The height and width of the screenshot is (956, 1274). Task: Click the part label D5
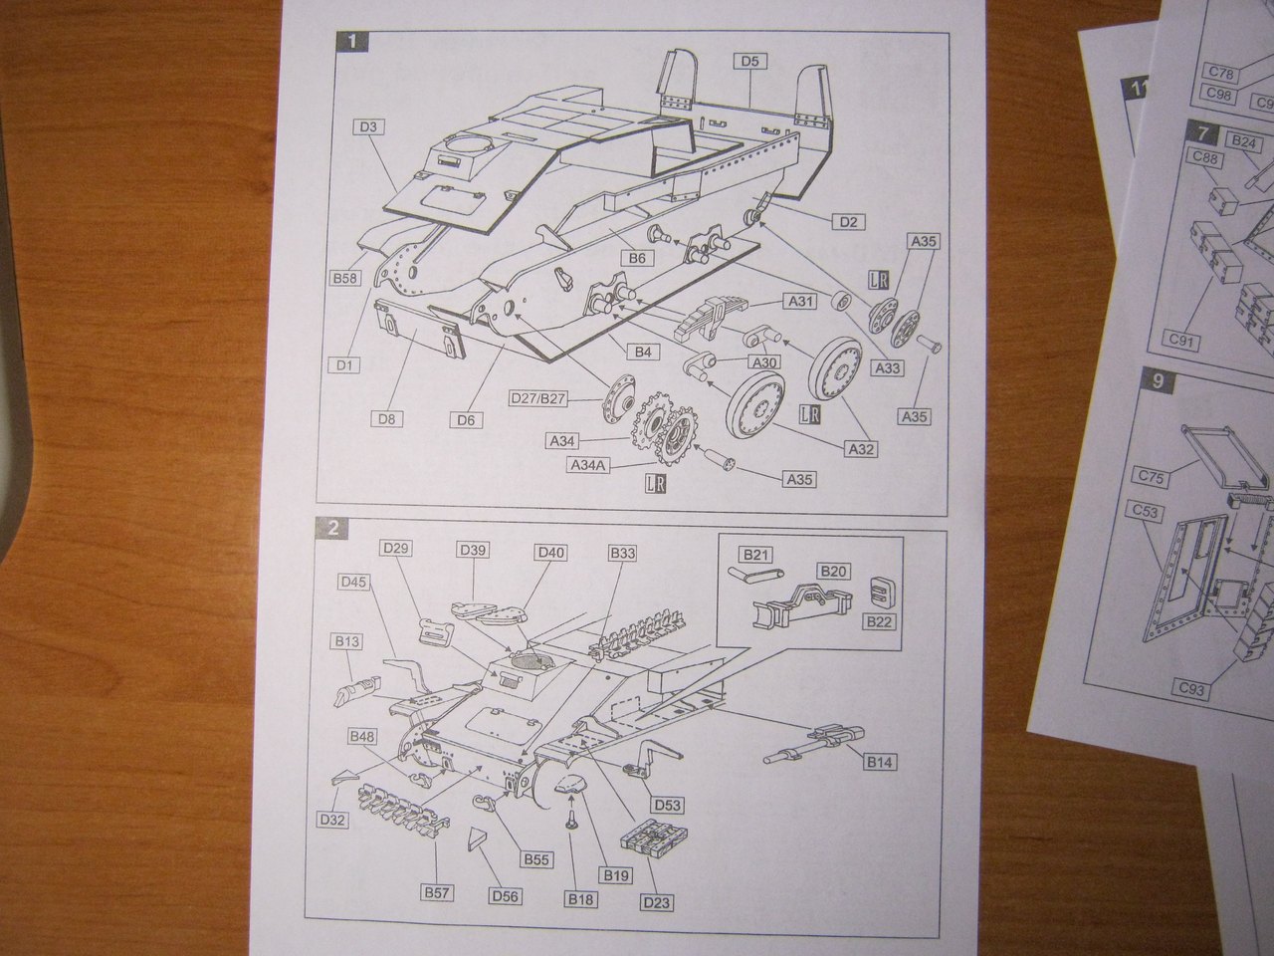pyautogui.click(x=749, y=61)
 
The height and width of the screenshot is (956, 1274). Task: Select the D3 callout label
pyautogui.click(x=368, y=127)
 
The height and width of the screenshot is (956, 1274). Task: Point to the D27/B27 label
pyautogui.click(x=537, y=399)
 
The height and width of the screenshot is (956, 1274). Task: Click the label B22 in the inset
pyautogui.click(x=878, y=621)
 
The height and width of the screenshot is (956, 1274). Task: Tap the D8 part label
pyautogui.click(x=390, y=419)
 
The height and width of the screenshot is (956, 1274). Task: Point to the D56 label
pyautogui.click(x=505, y=896)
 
